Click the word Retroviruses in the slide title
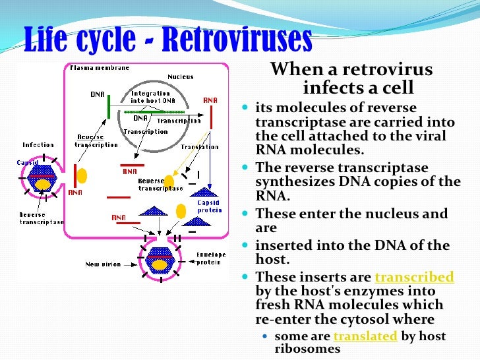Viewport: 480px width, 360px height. pos(236,40)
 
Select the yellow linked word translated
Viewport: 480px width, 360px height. pos(365,336)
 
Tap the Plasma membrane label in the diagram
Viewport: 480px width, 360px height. pos(100,67)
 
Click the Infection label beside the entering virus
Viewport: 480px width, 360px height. pos(38,144)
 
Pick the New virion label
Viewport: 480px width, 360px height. pos(103,264)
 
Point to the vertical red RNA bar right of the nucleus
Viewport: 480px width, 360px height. pos(211,117)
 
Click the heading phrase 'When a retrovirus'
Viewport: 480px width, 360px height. pos(352,70)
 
